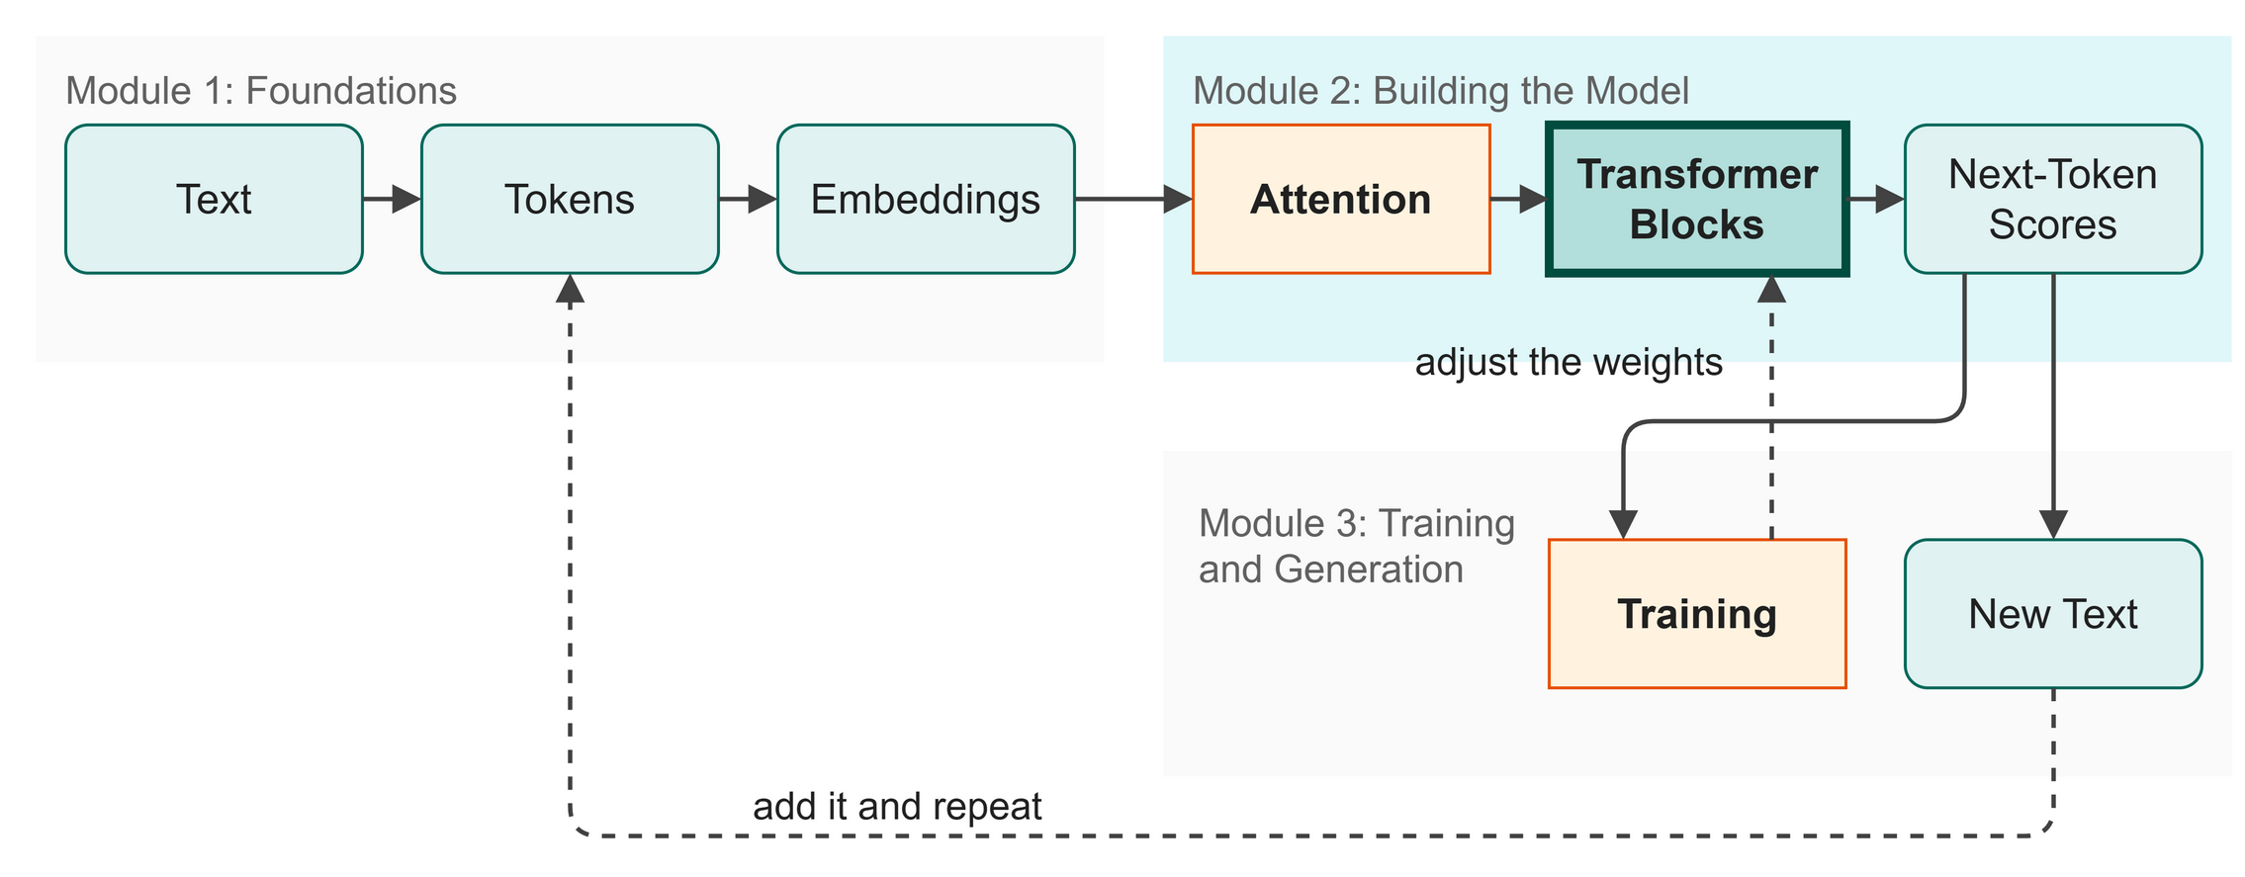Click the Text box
pos(214,199)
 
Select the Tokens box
pos(570,199)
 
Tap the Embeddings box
pos(926,199)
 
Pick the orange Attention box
pos(1341,199)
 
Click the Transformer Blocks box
pos(1697,199)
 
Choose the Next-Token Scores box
pos(2053,199)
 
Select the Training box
pos(1697,614)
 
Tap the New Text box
pos(2053,614)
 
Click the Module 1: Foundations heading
pos(261,91)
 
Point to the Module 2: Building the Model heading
pos(1441,91)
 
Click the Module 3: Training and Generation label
pos(1357,547)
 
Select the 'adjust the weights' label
pos(1569,363)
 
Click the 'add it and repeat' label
pos(897,807)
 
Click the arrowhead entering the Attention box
pos(1179,199)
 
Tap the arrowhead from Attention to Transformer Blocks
pos(1533,199)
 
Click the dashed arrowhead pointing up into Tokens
pos(570,288)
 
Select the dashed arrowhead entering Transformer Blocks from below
pos(1771,290)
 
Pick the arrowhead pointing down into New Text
pos(2053,525)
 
